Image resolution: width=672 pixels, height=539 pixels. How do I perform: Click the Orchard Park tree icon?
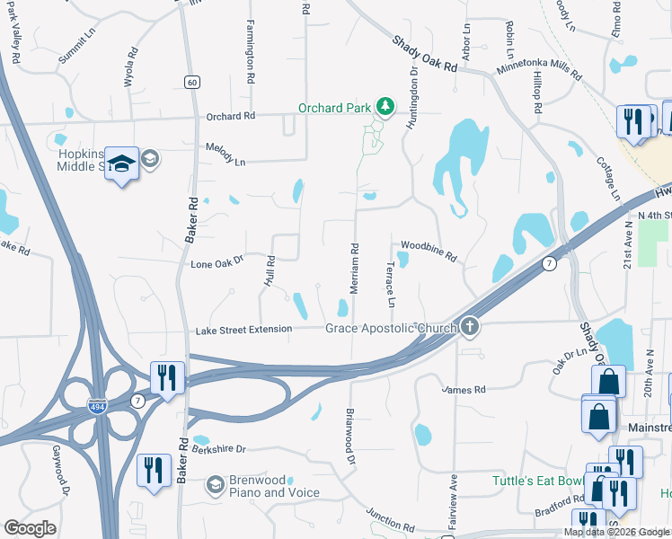pyautogui.click(x=385, y=108)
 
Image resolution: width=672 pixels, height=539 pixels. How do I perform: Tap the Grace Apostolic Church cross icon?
pyautogui.click(x=470, y=327)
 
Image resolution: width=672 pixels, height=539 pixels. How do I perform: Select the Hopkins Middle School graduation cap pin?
pyautogui.click(x=121, y=163)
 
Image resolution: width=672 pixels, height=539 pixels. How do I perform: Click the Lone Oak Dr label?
pyautogui.click(x=217, y=264)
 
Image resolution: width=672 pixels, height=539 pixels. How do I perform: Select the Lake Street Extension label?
pyautogui.click(x=243, y=330)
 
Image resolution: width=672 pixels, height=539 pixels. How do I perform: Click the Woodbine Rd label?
pyautogui.click(x=429, y=251)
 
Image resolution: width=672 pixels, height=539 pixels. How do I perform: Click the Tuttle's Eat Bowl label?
pyautogui.click(x=536, y=481)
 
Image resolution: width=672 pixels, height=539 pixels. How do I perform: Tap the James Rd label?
pyautogui.click(x=464, y=389)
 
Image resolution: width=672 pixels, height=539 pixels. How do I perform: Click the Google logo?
pyautogui.click(x=31, y=528)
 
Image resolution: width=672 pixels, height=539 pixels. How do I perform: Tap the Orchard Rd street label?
pyautogui.click(x=231, y=116)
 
